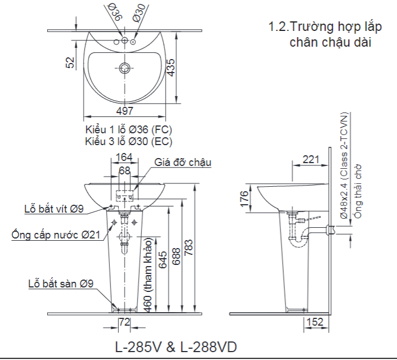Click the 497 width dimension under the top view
coord(124,111)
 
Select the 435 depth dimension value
coord(171,67)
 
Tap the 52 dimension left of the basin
coord(70,62)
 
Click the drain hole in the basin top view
coord(125,69)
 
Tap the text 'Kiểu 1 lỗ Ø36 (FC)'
coord(129,130)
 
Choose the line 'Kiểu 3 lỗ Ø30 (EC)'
coord(129,141)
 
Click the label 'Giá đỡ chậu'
coord(183,163)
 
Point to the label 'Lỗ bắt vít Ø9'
coord(54,209)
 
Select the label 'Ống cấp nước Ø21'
coord(56,235)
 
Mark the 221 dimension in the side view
coord(310,159)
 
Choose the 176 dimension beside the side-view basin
coord(244,199)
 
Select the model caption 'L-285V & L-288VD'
coord(176,346)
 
